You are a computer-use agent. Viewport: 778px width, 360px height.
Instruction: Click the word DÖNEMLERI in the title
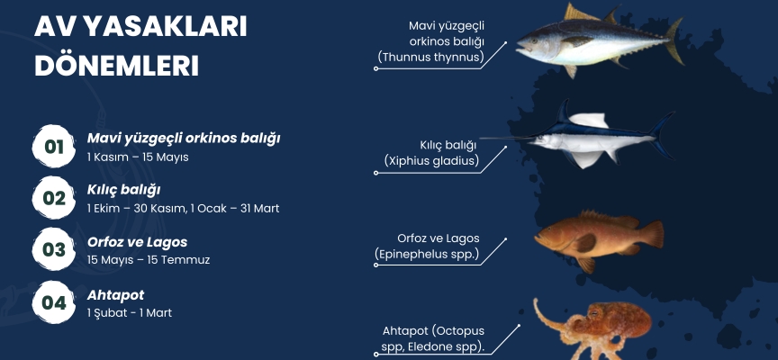click(116, 66)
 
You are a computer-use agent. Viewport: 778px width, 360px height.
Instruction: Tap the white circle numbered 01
click(54, 147)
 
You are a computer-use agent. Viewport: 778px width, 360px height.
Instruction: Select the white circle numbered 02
click(54, 198)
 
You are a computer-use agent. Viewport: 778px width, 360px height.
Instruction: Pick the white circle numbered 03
click(54, 249)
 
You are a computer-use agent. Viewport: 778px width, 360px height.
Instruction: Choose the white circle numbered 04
click(54, 302)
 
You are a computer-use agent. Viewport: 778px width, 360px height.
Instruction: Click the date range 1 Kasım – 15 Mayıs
click(138, 157)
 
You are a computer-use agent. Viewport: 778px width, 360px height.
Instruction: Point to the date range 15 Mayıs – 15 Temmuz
click(149, 260)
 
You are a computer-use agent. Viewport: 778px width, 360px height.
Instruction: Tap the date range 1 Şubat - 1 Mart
click(130, 313)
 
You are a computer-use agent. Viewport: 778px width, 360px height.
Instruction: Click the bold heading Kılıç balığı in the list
click(123, 191)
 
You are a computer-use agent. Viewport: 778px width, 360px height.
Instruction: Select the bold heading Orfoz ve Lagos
click(138, 242)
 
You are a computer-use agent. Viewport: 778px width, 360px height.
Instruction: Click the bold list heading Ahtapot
click(115, 295)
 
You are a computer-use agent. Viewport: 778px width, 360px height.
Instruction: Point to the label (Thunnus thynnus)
click(430, 58)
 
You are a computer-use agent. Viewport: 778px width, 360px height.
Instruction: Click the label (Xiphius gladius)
click(431, 161)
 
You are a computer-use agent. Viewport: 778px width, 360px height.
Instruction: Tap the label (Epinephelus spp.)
click(427, 254)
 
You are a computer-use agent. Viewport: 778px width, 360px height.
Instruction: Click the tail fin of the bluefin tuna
click(674, 40)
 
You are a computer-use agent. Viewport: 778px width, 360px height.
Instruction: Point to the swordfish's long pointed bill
click(504, 139)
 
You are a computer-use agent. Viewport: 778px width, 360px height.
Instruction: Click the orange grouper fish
click(599, 240)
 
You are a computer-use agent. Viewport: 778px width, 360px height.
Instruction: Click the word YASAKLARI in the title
click(164, 27)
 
